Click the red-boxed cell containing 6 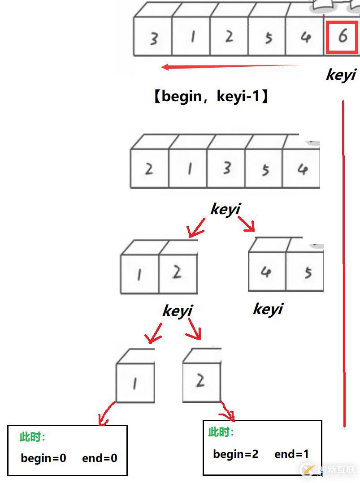(x=343, y=36)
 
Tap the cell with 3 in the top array (x=153, y=38)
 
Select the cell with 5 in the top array (x=268, y=38)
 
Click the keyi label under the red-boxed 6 (x=341, y=74)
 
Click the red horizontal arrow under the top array (x=231, y=67)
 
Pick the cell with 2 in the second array (x=149, y=168)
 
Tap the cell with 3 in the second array (x=227, y=168)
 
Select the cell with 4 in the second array (x=302, y=168)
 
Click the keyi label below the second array (x=226, y=209)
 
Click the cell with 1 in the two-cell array (x=139, y=274)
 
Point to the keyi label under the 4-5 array (x=268, y=309)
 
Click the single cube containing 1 (x=135, y=382)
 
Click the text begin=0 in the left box (x=43, y=458)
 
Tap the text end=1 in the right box (x=291, y=454)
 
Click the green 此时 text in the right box (x=221, y=432)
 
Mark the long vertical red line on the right (x=344, y=264)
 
